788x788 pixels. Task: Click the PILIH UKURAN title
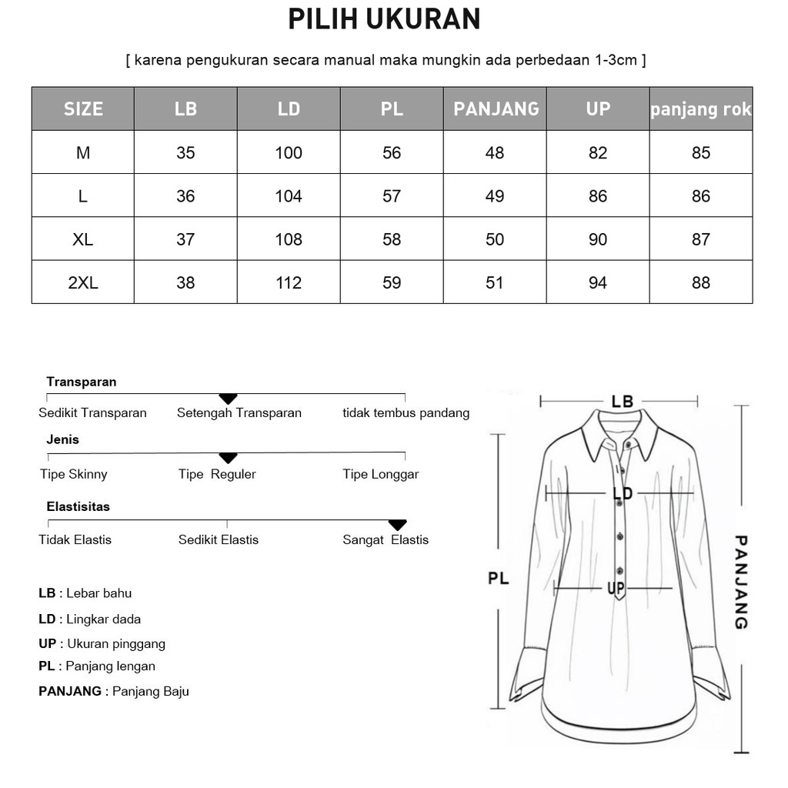tap(384, 20)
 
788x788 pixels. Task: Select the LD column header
tap(289, 109)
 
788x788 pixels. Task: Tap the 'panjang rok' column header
tap(700, 109)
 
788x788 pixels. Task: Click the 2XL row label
tap(83, 283)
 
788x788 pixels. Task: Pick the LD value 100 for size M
tap(289, 153)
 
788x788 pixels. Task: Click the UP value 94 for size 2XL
tap(598, 283)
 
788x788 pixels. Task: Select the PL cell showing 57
tap(392, 196)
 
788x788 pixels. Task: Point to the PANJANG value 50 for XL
tap(495, 239)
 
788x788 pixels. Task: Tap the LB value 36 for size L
tap(185, 196)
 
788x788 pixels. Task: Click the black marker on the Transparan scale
tap(228, 398)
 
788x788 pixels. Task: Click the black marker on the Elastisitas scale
tap(397, 525)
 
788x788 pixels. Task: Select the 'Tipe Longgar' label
tap(381, 474)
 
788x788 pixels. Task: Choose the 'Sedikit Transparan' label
tap(92, 413)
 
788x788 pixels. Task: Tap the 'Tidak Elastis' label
tap(75, 539)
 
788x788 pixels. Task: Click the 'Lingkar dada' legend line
tap(90, 619)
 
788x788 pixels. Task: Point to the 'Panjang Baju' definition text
tap(151, 691)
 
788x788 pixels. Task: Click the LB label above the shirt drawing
tap(622, 402)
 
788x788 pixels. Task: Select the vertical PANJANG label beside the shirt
tap(741, 583)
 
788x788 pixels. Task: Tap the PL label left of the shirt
tap(499, 578)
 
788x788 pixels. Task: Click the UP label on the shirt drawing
tap(616, 589)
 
